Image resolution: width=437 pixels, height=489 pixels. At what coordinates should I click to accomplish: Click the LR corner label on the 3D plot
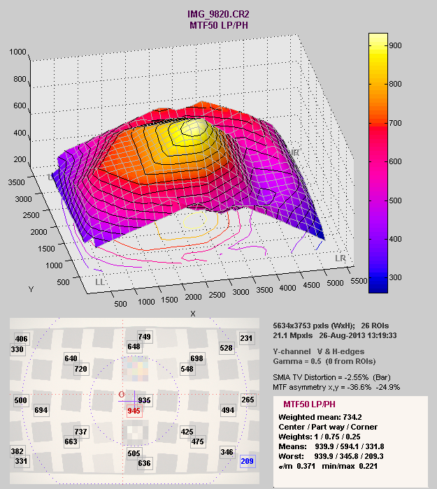pyautogui.click(x=340, y=259)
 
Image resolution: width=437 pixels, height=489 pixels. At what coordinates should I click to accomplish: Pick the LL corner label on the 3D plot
pyautogui.click(x=101, y=282)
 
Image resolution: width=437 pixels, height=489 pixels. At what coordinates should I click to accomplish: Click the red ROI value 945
pyautogui.click(x=134, y=411)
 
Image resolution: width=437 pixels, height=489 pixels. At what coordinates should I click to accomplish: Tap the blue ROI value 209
pyautogui.click(x=246, y=462)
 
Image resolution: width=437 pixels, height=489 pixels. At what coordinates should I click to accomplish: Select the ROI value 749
pyautogui.click(x=145, y=337)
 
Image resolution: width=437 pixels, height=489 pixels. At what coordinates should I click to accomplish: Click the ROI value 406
pyautogui.click(x=22, y=339)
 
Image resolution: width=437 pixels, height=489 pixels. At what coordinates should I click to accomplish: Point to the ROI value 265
pyautogui.click(x=248, y=400)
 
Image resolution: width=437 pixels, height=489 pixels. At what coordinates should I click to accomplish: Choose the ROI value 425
pyautogui.click(x=187, y=432)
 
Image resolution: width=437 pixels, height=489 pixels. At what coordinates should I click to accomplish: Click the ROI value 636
pyautogui.click(x=145, y=463)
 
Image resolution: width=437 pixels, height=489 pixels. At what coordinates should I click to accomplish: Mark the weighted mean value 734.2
pyautogui.click(x=350, y=417)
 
